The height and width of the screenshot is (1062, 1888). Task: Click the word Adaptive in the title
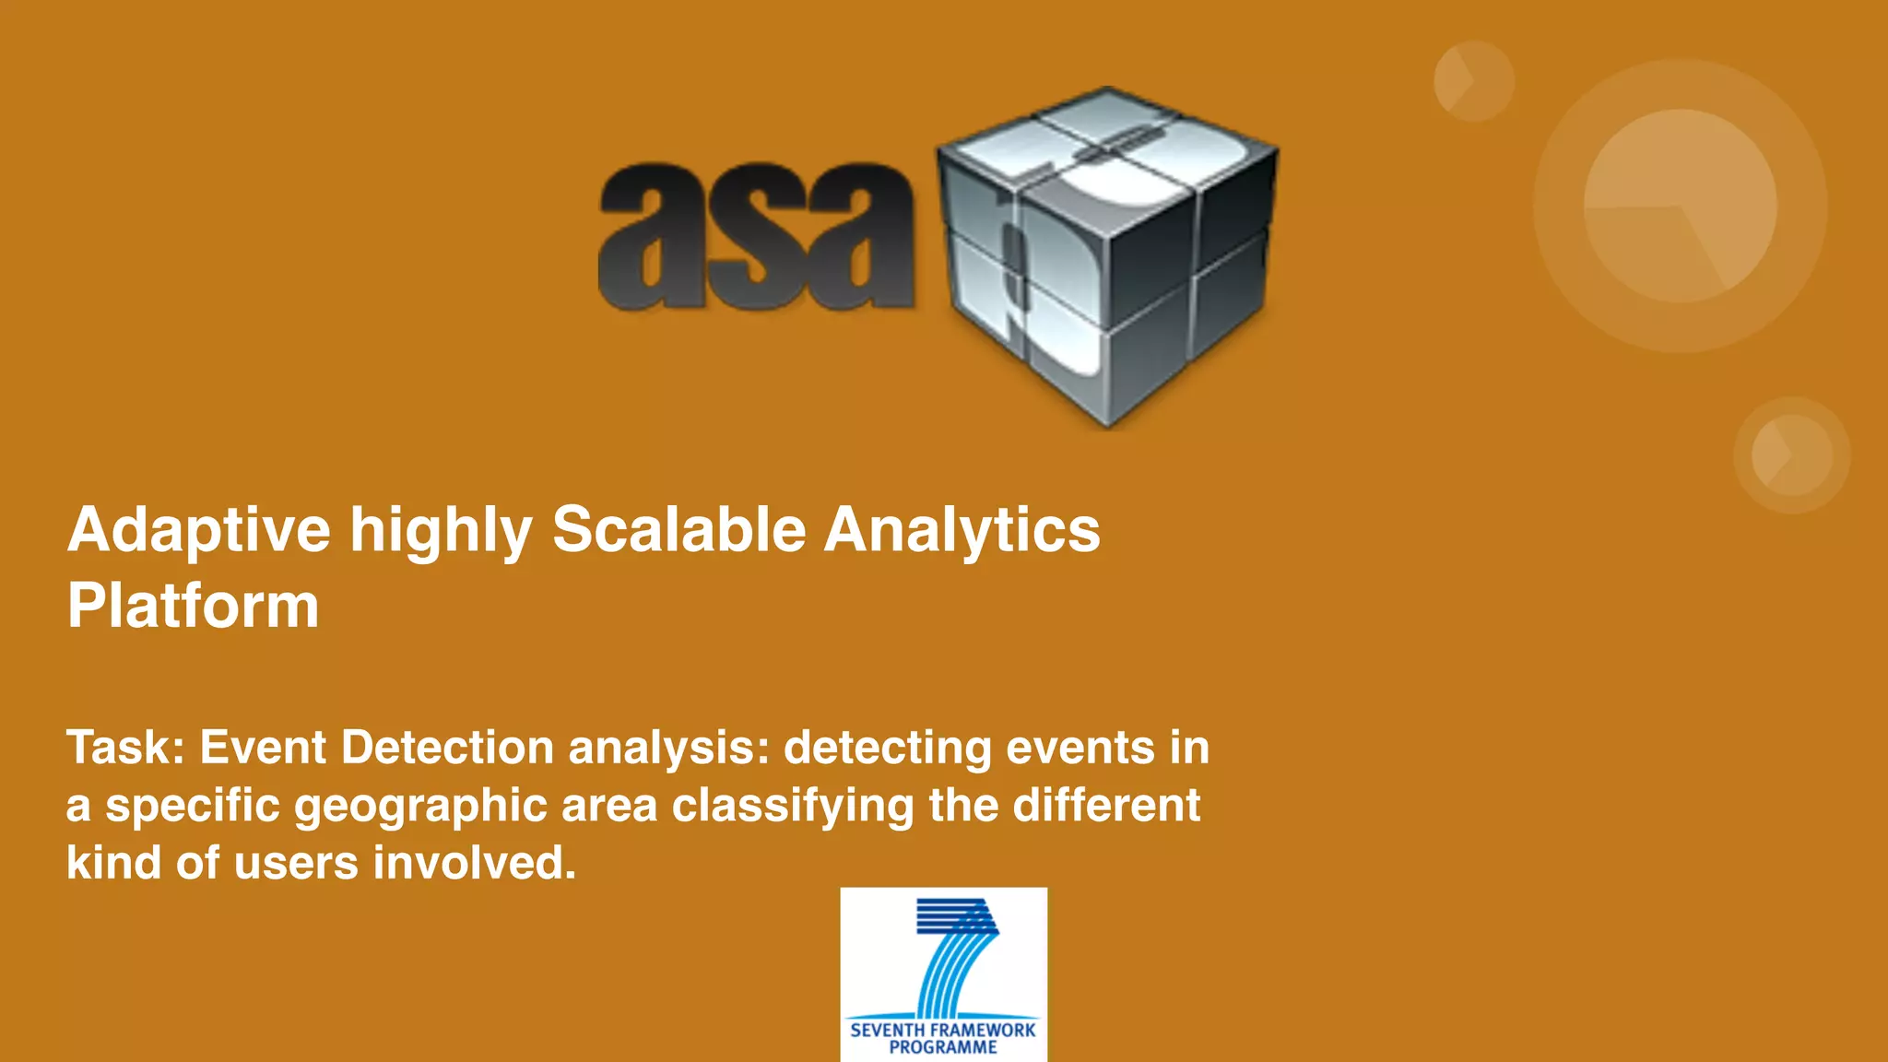click(198, 531)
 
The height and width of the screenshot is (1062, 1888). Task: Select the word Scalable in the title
click(678, 530)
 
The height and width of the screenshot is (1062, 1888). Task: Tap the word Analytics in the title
click(962, 531)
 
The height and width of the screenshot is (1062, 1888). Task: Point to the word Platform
click(193, 606)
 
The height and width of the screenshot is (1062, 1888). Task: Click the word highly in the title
click(441, 531)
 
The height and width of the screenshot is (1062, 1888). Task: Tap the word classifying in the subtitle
click(792, 806)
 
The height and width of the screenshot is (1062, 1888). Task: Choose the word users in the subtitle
click(296, 863)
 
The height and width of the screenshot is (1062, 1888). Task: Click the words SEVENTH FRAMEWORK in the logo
click(943, 1030)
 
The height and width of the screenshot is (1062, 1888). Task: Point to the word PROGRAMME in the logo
click(943, 1047)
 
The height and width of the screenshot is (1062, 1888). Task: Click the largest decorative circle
click(1680, 206)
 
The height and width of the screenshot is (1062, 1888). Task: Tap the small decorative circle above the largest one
click(1473, 81)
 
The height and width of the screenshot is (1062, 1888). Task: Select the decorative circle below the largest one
click(1791, 454)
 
